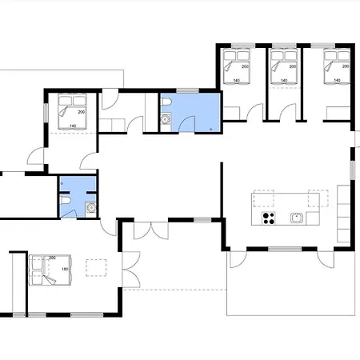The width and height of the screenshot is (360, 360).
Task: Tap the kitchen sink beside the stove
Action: (296, 217)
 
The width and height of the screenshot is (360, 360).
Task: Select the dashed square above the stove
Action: (264, 198)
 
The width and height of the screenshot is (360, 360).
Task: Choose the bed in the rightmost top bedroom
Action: (336, 65)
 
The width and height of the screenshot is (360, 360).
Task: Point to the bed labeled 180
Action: (50, 270)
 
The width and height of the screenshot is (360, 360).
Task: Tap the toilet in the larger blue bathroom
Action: (166, 121)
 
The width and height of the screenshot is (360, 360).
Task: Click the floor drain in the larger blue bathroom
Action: (209, 126)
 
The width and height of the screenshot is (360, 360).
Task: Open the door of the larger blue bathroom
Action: (189, 122)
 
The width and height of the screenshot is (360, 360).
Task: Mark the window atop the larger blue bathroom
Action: (187, 90)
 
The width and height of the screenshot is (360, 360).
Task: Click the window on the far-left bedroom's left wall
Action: (46, 111)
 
